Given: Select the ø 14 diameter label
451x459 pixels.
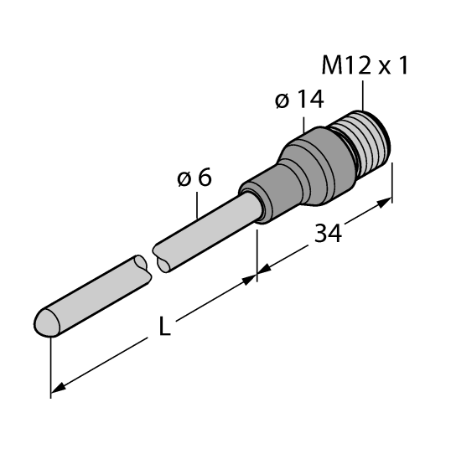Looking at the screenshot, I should [x=298, y=101].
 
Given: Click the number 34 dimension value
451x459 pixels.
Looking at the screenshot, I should [x=328, y=235].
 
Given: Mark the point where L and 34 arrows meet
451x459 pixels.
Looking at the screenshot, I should [x=257, y=275].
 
